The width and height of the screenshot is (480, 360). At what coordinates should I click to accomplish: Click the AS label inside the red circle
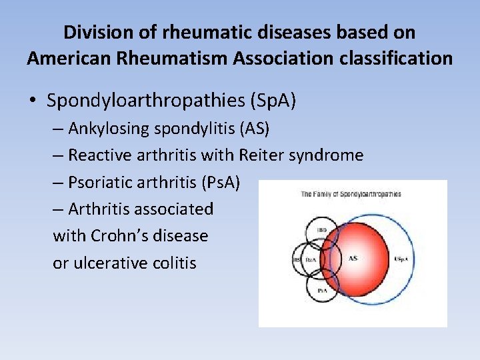(353, 257)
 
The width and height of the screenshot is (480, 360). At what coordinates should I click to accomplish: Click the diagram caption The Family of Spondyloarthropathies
(351, 194)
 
